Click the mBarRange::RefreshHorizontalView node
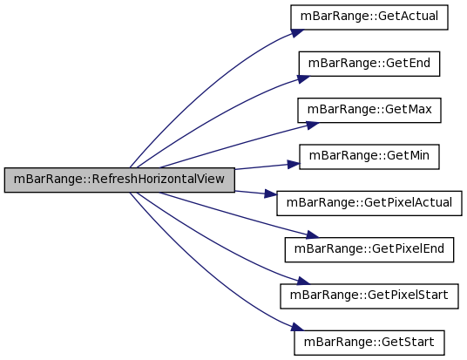[119, 180]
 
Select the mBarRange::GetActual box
[369, 17]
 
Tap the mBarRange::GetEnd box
[369, 64]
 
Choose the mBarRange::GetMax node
[369, 110]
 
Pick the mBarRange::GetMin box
[369, 156]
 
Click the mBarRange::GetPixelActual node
[369, 203]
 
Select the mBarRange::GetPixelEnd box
[369, 249]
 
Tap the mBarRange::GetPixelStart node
[369, 295]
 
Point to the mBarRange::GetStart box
[369, 343]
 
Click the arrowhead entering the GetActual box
[297, 33]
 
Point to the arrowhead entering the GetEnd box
[303, 79]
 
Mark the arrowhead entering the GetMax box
[312, 126]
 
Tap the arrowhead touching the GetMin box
[294, 164]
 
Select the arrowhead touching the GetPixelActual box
[271, 194]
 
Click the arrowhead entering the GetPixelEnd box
[312, 234]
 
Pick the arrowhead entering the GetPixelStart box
[304, 281]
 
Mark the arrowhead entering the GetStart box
[297, 327]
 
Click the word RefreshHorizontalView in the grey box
[159, 179]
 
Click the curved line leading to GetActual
[202, 86]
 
